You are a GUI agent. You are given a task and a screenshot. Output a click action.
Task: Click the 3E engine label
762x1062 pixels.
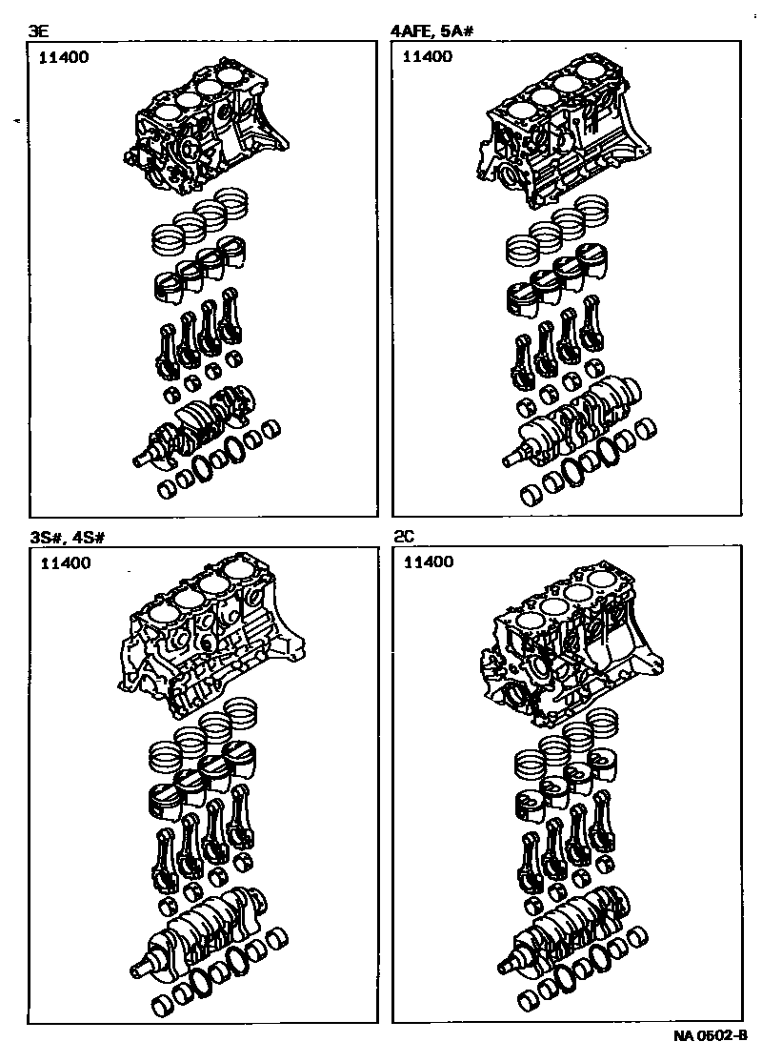[x=37, y=31]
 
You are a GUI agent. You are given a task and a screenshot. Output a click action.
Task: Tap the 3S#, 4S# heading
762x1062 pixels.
[x=67, y=538]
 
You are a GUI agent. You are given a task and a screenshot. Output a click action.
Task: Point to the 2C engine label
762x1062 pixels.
[x=404, y=537]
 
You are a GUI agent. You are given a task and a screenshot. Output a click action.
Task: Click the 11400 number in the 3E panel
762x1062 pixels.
[x=64, y=57]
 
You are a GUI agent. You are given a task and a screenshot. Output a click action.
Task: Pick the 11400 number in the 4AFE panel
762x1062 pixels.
[x=428, y=57]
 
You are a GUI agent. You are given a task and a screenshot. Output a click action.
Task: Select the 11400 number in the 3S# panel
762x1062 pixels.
[x=66, y=563]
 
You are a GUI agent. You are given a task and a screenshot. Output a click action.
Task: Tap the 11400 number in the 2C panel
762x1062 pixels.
[x=429, y=562]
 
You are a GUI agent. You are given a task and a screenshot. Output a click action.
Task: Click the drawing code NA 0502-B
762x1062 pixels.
[x=711, y=1035]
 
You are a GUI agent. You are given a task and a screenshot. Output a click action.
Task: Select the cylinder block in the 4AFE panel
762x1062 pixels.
[x=564, y=136]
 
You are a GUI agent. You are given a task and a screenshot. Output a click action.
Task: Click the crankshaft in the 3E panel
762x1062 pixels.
[x=197, y=427]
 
